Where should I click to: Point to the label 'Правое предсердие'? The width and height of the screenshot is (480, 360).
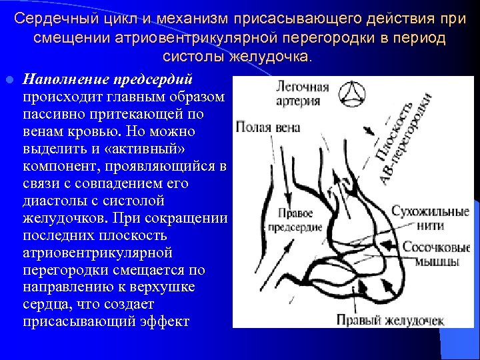tap(295, 221)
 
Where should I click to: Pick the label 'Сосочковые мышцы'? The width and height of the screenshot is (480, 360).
tap(433, 254)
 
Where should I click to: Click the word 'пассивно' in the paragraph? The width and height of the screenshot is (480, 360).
tap(54, 114)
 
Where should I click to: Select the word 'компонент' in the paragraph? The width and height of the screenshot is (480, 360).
tap(61, 166)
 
